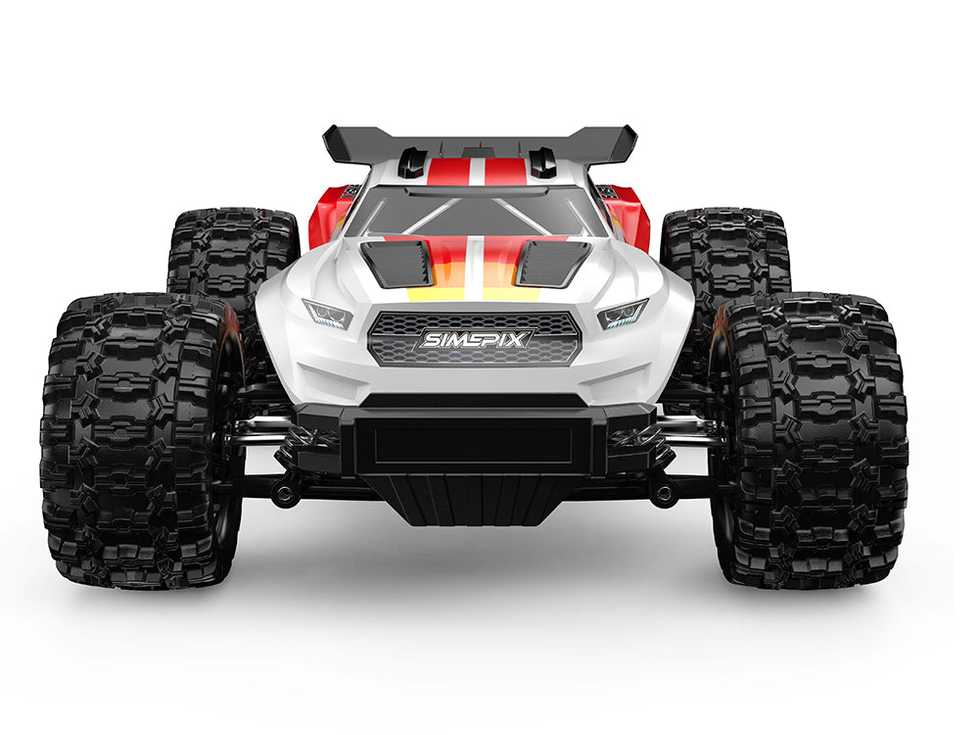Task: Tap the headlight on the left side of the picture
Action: pyautogui.click(x=329, y=315)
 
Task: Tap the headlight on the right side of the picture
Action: pyautogui.click(x=623, y=315)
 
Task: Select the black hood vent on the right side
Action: pyautogui.click(x=553, y=263)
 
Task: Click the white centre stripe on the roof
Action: pyautogui.click(x=475, y=172)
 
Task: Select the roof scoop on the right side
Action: pyautogui.click(x=543, y=163)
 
